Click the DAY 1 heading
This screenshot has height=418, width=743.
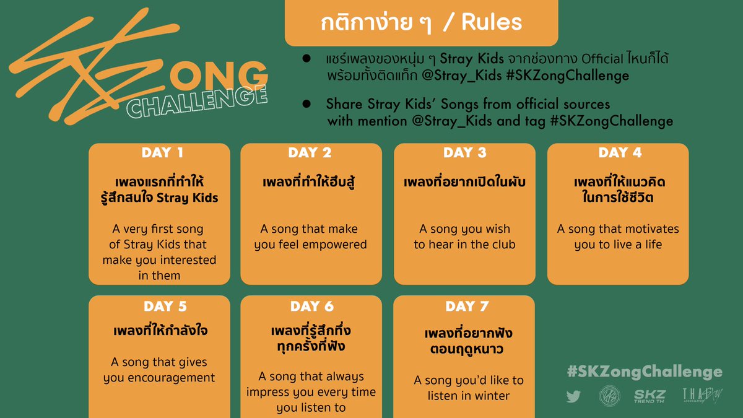tap(163, 153)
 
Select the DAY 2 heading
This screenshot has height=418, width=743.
tap(310, 153)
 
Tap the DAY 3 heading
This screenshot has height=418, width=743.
tap(464, 153)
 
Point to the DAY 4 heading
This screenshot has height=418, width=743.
tap(620, 153)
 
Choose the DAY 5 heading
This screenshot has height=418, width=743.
tap(165, 307)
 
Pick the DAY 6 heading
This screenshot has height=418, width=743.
tap(311, 307)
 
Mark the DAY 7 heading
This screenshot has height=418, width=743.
tap(467, 307)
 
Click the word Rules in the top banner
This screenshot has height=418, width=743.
tap(492, 23)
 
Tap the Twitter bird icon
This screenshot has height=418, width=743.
tap(573, 396)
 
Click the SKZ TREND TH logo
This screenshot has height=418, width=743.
tap(648, 396)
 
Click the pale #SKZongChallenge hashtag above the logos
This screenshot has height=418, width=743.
tap(644, 372)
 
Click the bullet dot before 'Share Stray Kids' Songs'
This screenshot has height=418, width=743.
tap(306, 103)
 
